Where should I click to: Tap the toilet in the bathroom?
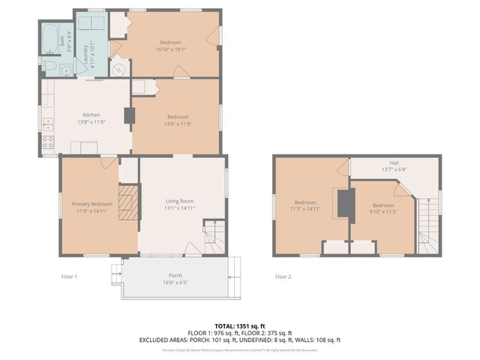tap(49, 66)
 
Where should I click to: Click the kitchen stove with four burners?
tap(48, 142)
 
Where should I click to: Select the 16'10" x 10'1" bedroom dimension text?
tap(170, 49)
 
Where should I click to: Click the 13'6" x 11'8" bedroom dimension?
tap(177, 124)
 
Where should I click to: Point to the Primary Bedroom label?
tap(91, 204)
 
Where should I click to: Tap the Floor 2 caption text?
tap(283, 277)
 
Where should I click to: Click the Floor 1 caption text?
tap(69, 277)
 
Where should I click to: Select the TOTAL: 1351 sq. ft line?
tap(239, 325)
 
